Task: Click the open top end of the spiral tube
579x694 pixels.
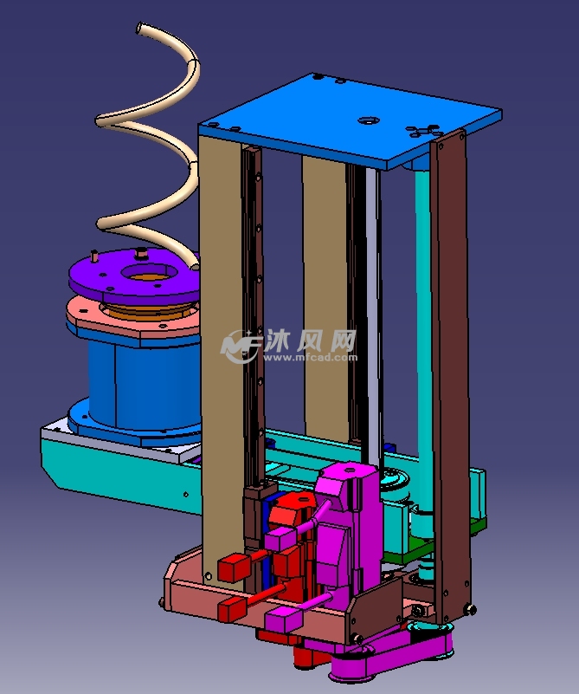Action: tap(139, 28)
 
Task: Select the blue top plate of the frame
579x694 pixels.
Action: tap(349, 120)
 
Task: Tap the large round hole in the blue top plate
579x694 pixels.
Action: tap(369, 120)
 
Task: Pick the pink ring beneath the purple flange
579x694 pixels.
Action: tap(132, 319)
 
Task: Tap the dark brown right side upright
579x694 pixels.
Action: tap(451, 372)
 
